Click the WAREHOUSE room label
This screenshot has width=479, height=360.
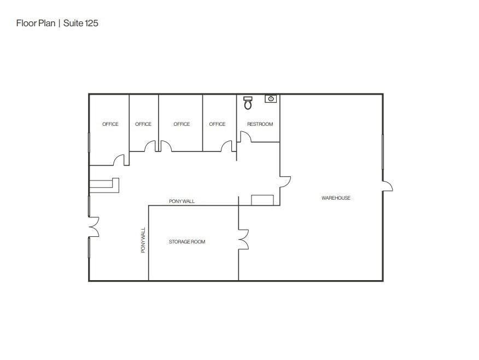click(x=336, y=198)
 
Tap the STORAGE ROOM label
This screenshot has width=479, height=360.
click(x=187, y=241)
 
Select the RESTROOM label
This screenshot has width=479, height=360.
click(x=260, y=124)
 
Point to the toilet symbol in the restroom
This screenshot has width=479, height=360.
click(x=248, y=102)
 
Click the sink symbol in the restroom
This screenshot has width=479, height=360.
click(x=271, y=98)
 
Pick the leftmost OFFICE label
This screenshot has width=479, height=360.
click(x=110, y=124)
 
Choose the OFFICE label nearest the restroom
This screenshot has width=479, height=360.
click(x=217, y=124)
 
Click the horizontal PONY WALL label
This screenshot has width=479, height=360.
click(x=182, y=201)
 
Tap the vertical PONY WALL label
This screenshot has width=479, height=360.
click(x=143, y=240)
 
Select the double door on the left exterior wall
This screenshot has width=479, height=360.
click(x=94, y=227)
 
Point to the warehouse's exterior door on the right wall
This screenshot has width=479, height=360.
click(x=387, y=186)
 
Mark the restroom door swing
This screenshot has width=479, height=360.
click(x=244, y=137)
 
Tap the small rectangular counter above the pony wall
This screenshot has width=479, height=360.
click(x=262, y=200)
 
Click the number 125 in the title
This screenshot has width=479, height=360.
click(x=92, y=24)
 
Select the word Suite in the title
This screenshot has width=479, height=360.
click(x=73, y=24)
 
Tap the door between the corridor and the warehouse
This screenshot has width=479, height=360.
click(x=285, y=182)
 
